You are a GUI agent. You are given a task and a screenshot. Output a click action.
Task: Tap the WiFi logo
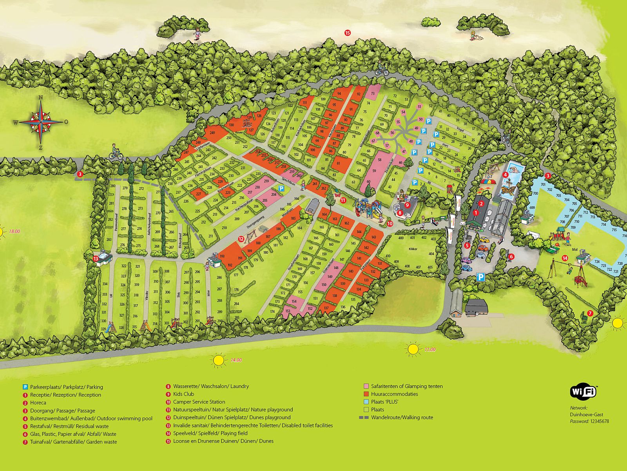(x=583, y=391)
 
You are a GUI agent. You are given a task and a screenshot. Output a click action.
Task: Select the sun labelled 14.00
(x=219, y=360)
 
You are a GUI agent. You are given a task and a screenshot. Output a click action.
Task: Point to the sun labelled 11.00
(x=413, y=349)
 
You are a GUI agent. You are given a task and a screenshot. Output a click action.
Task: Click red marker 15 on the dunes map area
(x=347, y=33)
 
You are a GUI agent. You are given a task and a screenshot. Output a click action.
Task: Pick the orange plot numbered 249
(x=212, y=133)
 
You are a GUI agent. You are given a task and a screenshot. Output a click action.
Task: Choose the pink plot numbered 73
(x=373, y=93)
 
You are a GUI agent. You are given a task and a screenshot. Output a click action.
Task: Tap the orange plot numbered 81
(x=339, y=163)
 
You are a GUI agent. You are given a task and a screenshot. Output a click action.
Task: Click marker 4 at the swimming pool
(x=506, y=175)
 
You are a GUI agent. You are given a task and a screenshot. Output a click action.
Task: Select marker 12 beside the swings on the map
(x=241, y=238)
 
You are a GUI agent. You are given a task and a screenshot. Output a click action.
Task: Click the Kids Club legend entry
(x=183, y=394)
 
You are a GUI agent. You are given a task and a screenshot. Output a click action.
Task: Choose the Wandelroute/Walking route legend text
(x=402, y=418)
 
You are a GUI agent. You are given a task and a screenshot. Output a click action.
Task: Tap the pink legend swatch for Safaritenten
(x=366, y=386)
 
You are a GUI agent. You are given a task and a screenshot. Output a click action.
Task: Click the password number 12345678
(x=600, y=422)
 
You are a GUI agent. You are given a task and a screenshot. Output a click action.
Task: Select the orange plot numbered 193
(x=222, y=256)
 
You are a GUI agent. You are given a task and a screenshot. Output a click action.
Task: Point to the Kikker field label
(x=413, y=249)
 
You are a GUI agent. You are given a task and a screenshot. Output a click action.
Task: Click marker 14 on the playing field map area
(x=565, y=258)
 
